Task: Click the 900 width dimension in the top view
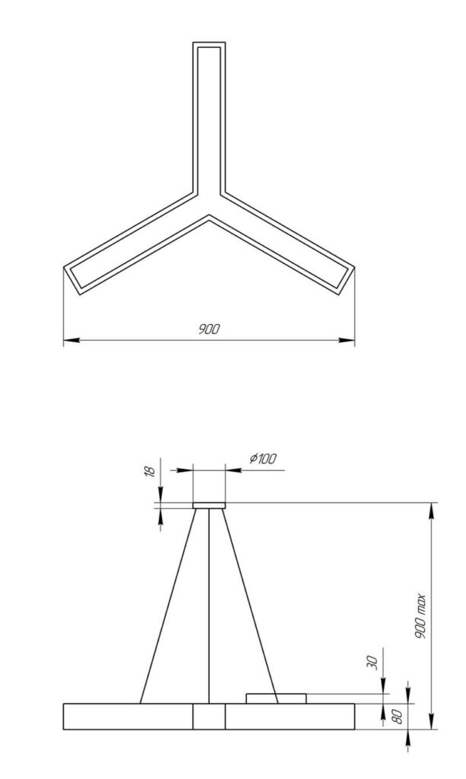point(209,329)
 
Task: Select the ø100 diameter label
point(263,459)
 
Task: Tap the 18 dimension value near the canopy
point(151,472)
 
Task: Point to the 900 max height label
point(421,616)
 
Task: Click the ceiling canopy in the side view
point(209,505)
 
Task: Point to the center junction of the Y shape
point(209,202)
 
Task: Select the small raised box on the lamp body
point(275,698)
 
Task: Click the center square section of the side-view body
point(209,717)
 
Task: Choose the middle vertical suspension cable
point(209,605)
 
